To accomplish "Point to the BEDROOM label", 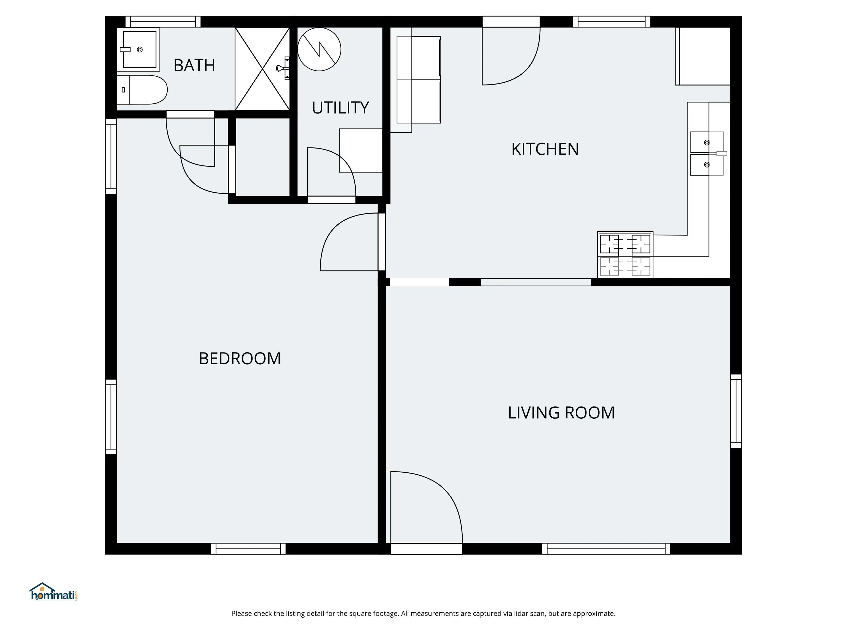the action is pyautogui.click(x=240, y=359).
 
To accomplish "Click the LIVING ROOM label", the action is pyautogui.click(x=561, y=413).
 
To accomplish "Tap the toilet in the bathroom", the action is pyautogui.click(x=142, y=90).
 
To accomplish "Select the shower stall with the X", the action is pyautogui.click(x=262, y=69).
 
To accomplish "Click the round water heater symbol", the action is pyautogui.click(x=319, y=49).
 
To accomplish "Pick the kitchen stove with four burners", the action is pyautogui.click(x=625, y=255).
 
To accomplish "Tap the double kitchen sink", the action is pyautogui.click(x=707, y=154).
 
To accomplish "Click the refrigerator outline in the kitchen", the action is pyautogui.click(x=419, y=80).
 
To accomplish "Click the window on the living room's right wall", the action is pyautogui.click(x=736, y=411).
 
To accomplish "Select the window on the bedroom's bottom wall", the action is pyautogui.click(x=248, y=549).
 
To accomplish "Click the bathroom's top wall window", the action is pyautogui.click(x=163, y=21).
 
